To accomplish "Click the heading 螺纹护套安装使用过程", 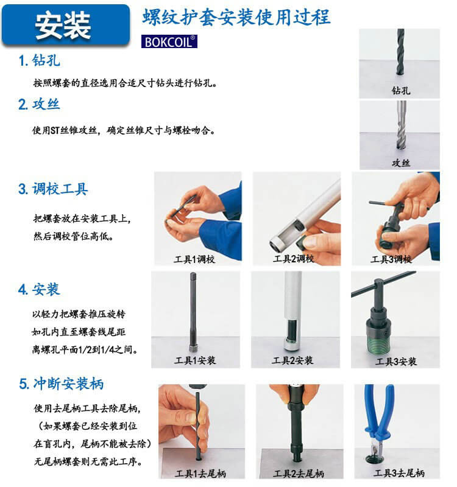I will [236, 17].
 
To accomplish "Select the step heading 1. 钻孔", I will [40, 61].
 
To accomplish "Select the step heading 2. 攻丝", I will [40, 104].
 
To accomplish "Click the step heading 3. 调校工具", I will [54, 189].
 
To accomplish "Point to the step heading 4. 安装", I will [40, 289].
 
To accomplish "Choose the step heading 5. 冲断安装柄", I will [61, 384].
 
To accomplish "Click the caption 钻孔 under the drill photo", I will [400, 91].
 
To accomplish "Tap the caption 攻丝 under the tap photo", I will [400, 163].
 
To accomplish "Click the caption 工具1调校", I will [194, 259].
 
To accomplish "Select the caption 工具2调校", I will [293, 259].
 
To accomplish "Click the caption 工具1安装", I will [194, 360].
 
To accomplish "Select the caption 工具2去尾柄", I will [298, 473].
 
